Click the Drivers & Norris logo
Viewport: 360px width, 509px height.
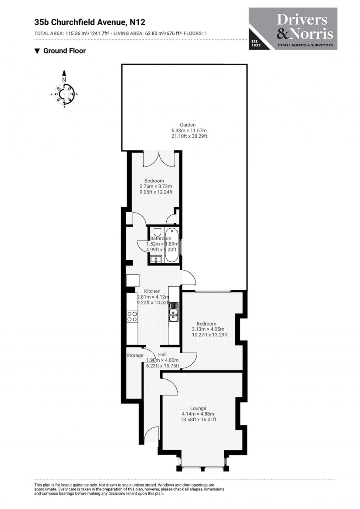(293, 29)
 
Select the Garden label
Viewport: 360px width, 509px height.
(187, 125)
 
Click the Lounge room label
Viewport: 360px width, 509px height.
(198, 408)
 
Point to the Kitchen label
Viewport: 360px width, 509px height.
(152, 291)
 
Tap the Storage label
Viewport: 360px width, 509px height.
(135, 355)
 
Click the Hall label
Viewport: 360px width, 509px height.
(162, 354)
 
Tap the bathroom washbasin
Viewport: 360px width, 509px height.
(155, 259)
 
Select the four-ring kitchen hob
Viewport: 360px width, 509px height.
(132, 317)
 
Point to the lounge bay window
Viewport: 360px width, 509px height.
(202, 468)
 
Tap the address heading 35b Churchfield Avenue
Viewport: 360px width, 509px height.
(90, 22)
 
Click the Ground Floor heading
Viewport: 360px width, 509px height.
(64, 51)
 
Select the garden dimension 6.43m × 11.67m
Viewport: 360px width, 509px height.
(189, 130)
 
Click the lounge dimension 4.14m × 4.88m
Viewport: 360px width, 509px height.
(198, 414)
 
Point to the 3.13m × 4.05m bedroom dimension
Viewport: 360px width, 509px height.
(208, 329)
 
